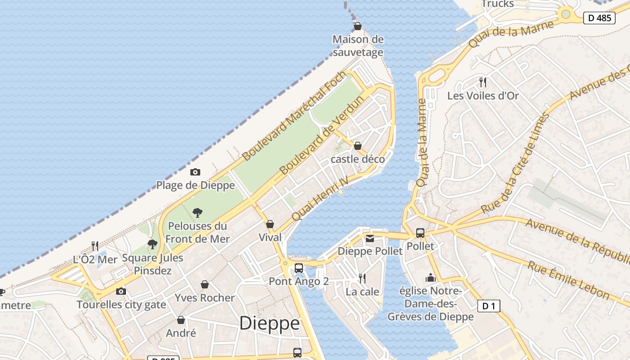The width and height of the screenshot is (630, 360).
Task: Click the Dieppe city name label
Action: (269, 323)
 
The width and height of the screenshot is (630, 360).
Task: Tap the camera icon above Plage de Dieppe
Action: (195, 172)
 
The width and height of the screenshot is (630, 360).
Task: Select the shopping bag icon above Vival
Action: (270, 224)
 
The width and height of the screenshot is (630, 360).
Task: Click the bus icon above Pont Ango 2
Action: (298, 269)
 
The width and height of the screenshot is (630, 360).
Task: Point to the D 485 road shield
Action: (599, 18)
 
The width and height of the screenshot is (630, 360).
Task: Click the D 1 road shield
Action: (488, 306)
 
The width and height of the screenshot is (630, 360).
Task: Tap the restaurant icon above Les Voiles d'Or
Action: (483, 82)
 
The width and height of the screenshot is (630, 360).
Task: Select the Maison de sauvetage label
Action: (358, 45)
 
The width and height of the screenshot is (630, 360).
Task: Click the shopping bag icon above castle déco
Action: (358, 146)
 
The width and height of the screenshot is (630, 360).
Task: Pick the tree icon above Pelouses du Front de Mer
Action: (197, 213)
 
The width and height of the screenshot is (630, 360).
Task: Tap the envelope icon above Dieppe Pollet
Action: (369, 238)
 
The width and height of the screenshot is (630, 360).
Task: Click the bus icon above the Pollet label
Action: (420, 233)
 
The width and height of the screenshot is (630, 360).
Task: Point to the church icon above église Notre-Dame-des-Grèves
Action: (431, 278)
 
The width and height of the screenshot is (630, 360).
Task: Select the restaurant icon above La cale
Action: (362, 279)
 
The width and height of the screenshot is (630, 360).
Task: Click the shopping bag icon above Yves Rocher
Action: (205, 284)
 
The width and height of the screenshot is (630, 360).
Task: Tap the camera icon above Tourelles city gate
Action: (121, 291)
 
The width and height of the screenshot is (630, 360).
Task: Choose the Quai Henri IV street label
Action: (320, 198)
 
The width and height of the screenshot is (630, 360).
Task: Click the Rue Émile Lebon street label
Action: (568, 280)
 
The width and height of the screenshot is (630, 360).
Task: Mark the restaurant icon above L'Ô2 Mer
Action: (95, 246)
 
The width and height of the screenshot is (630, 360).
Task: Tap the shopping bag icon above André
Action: (181, 320)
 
